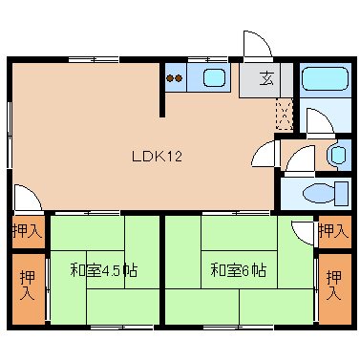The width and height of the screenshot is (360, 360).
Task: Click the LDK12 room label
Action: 152,157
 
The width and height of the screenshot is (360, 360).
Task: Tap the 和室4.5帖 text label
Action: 103,270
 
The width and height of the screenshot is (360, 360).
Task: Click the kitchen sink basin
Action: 213,79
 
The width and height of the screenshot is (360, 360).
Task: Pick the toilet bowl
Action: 315,194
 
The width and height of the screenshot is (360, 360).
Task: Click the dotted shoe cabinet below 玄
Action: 285,116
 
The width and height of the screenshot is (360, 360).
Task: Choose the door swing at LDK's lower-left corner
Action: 27,198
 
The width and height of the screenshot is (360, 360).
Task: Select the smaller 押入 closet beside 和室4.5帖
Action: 27,230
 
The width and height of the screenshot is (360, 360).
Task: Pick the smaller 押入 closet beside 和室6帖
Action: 333,230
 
